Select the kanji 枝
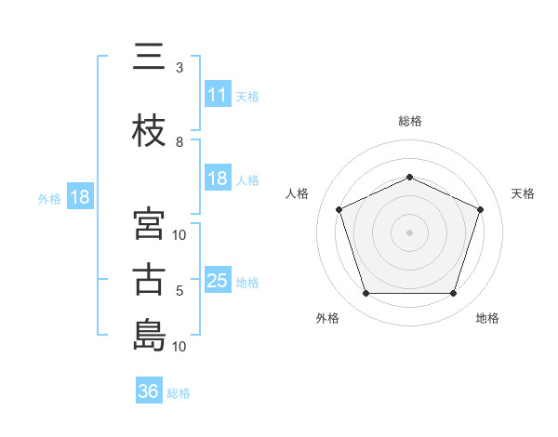pos(149,132)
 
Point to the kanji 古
pos(149,281)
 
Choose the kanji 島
pos(149,337)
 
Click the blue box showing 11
pos(218,94)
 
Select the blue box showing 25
pos(218,281)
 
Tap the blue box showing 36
pos(149,391)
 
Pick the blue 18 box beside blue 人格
pos(218,179)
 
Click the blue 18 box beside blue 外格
pos(80,197)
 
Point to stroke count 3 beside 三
pos(179,68)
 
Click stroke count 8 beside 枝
pos(179,142)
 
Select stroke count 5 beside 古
pos(179,291)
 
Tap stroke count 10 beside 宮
pos(180,235)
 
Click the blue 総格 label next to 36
pos(179,393)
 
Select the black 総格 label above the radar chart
pos(410,121)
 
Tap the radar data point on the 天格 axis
pos(481,209)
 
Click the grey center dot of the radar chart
pos(410,232)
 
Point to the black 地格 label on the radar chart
pos(487,318)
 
